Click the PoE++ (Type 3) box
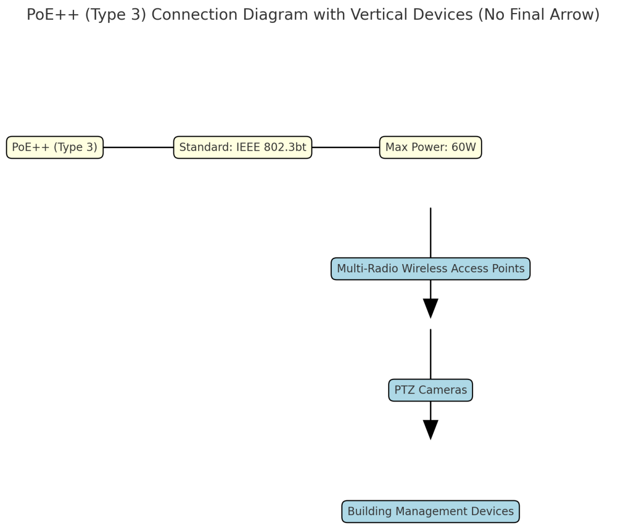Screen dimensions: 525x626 55,148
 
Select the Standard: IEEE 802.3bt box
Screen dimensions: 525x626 243,148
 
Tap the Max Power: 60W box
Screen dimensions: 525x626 430,148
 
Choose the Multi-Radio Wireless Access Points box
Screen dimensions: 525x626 430,269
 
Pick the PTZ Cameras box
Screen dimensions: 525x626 430,390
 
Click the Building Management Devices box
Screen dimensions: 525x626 430,511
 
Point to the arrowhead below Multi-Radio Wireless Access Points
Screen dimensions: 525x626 430,308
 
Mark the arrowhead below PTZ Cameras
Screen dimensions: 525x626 430,429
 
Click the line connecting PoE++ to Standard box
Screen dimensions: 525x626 138,148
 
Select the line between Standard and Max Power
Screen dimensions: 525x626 345,148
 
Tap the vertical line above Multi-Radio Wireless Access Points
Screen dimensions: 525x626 430,232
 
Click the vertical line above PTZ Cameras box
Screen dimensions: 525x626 430,354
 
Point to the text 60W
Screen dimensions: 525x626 463,148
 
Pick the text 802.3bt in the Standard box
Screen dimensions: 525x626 285,148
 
